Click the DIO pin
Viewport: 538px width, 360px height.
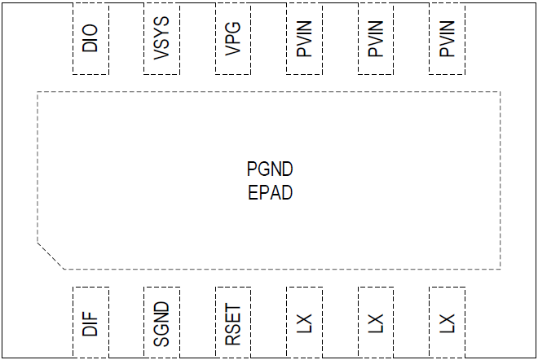tap(90, 38)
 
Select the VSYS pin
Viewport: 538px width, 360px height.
tap(161, 38)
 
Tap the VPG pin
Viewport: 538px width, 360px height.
tap(233, 38)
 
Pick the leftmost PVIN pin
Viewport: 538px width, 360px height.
tap(304, 38)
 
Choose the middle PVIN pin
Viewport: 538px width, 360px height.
tap(376, 38)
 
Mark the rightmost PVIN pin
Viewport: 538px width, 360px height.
tap(447, 38)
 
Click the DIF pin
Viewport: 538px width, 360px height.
tap(90, 323)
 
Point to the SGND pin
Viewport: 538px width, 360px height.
tap(161, 323)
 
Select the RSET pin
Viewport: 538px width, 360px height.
tap(233, 323)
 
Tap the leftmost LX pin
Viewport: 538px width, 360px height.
tap(304, 323)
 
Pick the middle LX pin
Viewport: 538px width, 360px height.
tap(376, 323)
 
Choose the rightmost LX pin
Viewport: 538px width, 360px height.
tap(447, 323)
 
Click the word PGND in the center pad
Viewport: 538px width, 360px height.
tap(270, 170)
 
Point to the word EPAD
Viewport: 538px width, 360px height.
tap(270, 194)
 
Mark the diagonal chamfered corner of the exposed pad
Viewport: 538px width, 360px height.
tap(51, 256)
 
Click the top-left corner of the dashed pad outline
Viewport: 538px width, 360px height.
tap(37, 92)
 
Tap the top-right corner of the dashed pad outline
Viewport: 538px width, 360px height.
tap(501, 92)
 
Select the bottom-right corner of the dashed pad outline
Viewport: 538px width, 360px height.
tap(501, 269)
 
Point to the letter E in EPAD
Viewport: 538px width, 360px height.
tap(253, 194)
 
